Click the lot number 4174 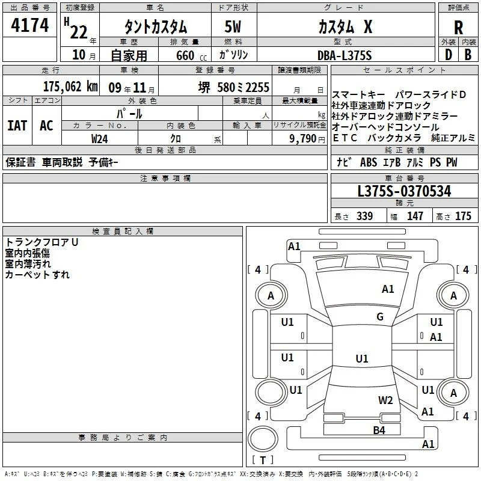click(29, 25)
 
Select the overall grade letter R click(458, 28)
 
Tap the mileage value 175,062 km click(70, 87)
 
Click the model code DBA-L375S click(345, 55)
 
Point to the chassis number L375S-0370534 click(404, 191)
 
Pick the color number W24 click(99, 139)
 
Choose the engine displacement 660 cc click(191, 55)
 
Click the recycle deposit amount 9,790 click(303, 138)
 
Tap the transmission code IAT click(17, 126)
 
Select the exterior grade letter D click(449, 55)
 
